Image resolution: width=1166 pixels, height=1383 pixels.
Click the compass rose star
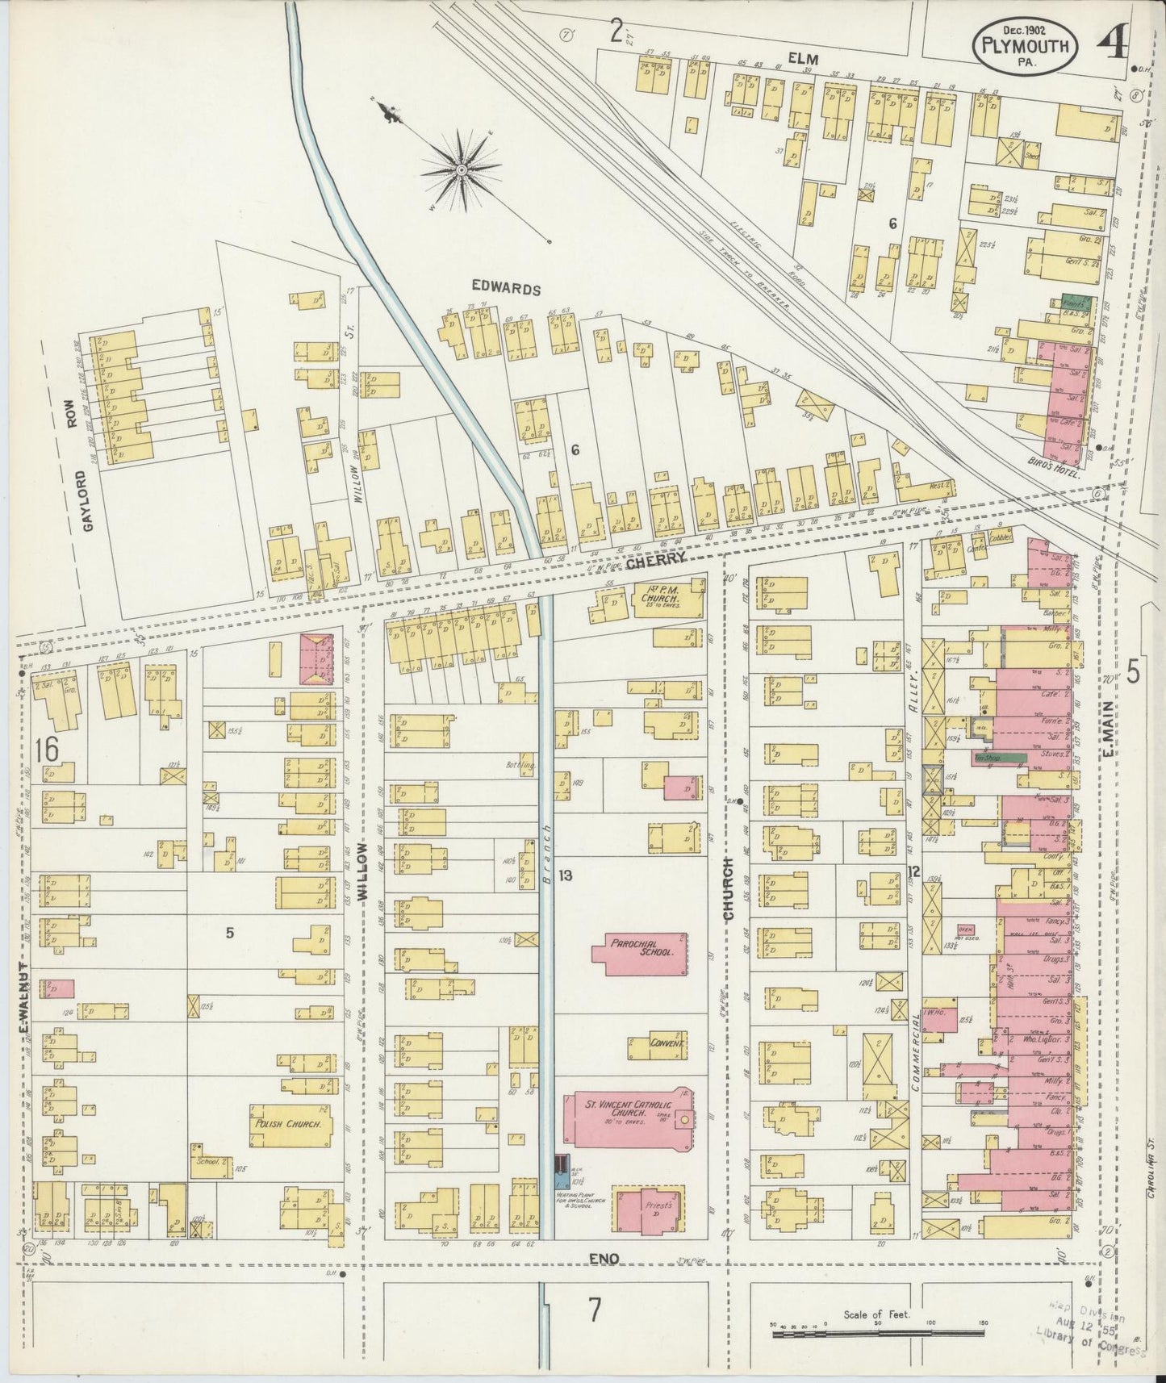pos(460,170)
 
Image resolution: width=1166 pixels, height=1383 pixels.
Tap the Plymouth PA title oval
pos(1026,48)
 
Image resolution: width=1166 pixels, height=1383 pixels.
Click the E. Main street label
pos(1110,727)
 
